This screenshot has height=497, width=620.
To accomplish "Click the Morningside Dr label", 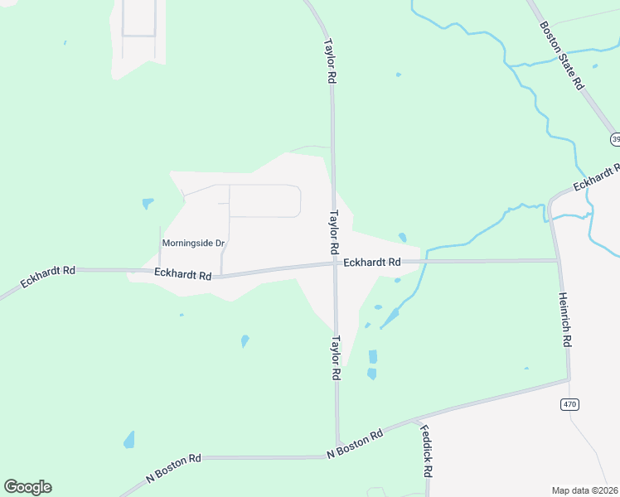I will click(193, 243).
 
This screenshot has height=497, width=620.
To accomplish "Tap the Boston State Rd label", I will click(563, 55).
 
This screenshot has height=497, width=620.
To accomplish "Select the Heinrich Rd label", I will click(565, 319).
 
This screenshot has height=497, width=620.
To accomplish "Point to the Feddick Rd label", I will click(426, 451).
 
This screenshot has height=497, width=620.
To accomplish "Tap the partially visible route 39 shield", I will click(615, 138).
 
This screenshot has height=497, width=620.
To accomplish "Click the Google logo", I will click(27, 487).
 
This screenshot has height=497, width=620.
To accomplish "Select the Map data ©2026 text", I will click(585, 490).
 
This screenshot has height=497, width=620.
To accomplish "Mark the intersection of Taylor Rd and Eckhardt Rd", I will click(335, 263).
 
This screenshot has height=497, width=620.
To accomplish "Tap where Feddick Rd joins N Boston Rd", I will click(413, 422).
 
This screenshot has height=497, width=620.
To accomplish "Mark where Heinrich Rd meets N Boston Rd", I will click(569, 380).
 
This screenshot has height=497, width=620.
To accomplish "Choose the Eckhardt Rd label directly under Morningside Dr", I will click(182, 274).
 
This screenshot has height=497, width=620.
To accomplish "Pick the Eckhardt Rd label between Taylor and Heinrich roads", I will click(372, 262).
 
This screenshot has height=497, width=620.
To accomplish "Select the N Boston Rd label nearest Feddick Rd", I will click(355, 444).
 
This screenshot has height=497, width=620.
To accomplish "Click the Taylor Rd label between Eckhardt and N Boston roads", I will click(336, 357).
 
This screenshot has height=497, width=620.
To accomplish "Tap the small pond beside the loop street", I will click(148, 203).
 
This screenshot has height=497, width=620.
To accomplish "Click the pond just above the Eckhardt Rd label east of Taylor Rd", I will click(402, 238).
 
